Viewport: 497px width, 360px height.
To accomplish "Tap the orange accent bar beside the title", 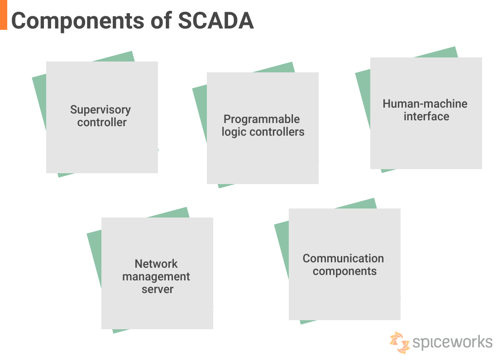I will click(4, 14).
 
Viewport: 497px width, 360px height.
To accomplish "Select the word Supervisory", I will click(100, 109).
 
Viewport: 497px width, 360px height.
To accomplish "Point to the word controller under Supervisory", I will click(102, 122).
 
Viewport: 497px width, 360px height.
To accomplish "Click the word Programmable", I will click(262, 119).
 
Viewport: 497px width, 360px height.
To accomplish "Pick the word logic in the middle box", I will click(233, 132).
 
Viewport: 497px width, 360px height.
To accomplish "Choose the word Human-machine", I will click(425, 104).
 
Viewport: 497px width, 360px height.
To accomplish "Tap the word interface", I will click(426, 116).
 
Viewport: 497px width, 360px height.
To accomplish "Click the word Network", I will click(156, 264).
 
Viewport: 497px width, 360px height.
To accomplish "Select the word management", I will click(156, 276).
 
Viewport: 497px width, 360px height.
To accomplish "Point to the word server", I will click(158, 289).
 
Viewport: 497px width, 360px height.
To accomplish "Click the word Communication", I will click(343, 258).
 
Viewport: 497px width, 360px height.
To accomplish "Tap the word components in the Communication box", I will click(344, 271).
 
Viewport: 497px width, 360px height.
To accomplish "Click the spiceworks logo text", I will click(452, 341).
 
